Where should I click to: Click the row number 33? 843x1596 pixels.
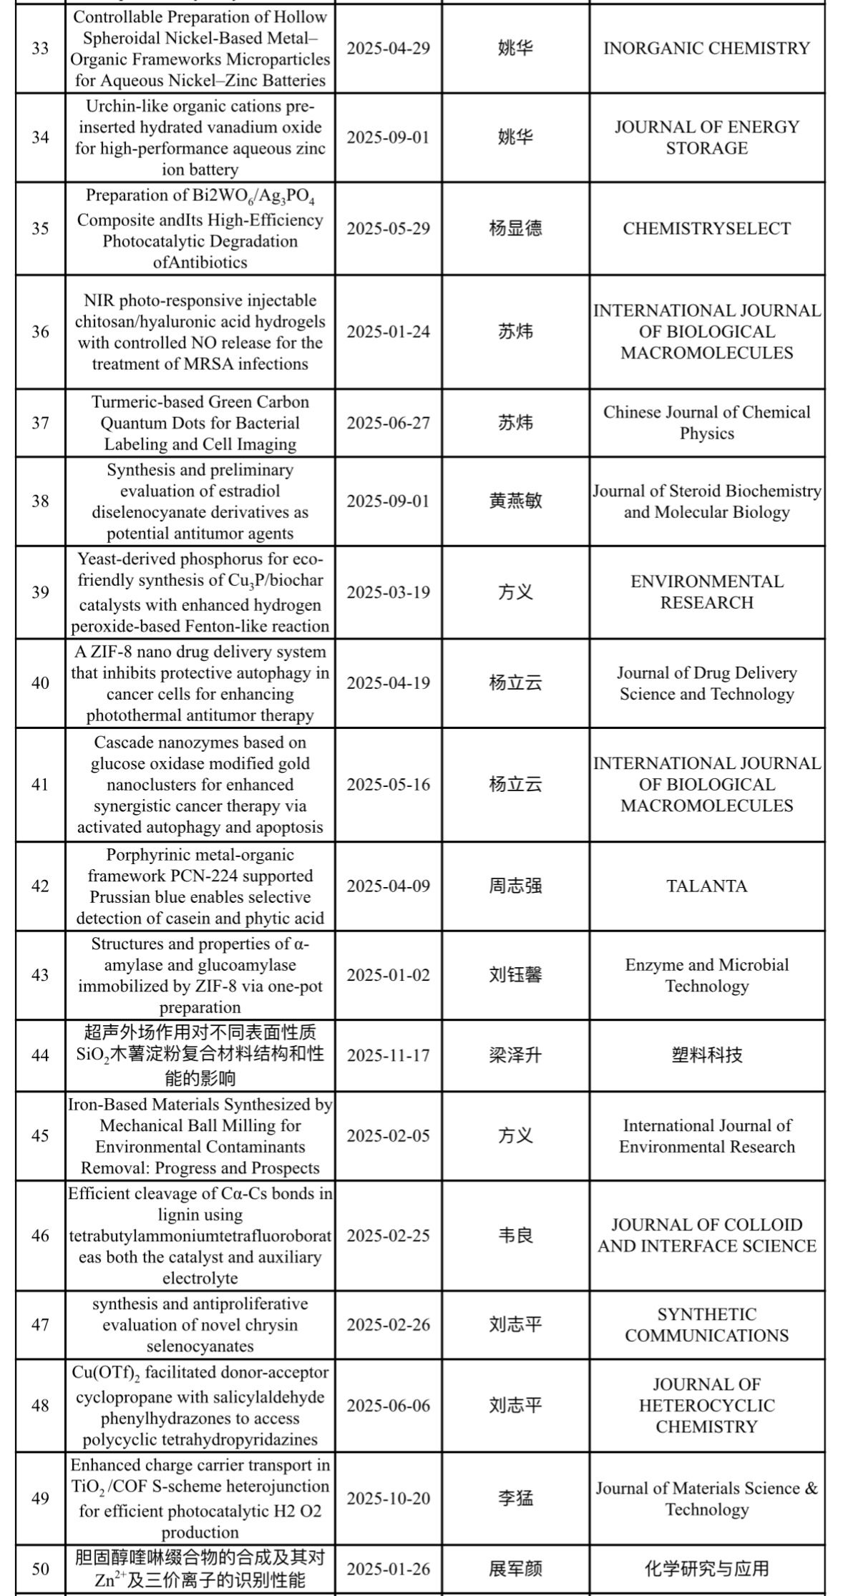[40, 48]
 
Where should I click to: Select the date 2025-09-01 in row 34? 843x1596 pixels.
[389, 137]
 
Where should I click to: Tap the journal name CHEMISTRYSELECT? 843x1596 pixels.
[706, 228]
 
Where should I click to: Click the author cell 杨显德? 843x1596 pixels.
[515, 228]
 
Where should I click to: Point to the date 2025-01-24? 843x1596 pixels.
[389, 331]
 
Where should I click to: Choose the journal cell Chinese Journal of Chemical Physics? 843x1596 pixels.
[706, 422]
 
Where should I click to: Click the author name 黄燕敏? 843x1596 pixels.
[515, 501]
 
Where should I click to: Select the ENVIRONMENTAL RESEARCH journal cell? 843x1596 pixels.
[706, 592]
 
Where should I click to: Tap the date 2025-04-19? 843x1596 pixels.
[389, 682]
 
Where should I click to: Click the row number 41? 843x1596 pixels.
[40, 784]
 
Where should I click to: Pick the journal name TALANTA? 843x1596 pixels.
[706, 886]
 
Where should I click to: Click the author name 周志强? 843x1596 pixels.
[515, 886]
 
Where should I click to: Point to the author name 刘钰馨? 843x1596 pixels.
[515, 975]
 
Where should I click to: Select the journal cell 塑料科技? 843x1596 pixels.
[706, 1054]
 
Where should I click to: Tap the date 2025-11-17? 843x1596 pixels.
[389, 1054]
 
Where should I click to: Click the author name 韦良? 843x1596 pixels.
[515, 1235]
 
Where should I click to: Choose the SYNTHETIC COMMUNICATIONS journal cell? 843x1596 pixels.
[706, 1324]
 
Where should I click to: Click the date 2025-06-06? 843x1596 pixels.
[389, 1405]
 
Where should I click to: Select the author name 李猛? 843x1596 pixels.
[515, 1498]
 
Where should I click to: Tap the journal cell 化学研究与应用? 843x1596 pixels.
[706, 1569]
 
